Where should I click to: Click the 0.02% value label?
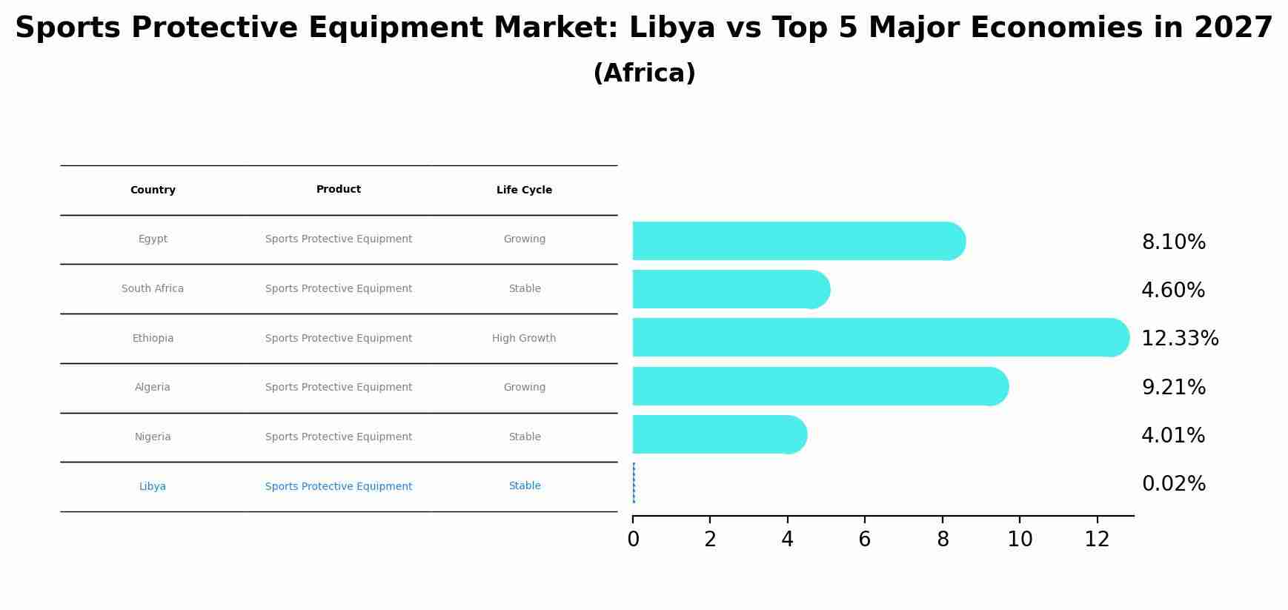click(x=1173, y=484)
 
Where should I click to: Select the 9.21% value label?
click(x=1173, y=387)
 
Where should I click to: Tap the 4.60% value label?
click(x=1173, y=291)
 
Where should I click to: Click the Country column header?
click(x=153, y=190)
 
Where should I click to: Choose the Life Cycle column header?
click(x=524, y=190)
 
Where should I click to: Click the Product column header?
click(x=339, y=190)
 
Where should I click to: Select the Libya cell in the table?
click(x=153, y=486)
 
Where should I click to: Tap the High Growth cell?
click(x=524, y=338)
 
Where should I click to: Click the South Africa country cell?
click(x=153, y=288)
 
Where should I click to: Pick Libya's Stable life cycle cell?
click(x=524, y=486)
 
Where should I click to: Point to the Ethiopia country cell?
click(x=153, y=338)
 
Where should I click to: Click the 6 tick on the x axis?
click(x=864, y=540)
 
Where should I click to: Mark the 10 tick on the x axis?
click(x=1020, y=540)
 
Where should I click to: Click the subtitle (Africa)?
click(x=644, y=73)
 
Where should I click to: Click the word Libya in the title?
click(x=672, y=28)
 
